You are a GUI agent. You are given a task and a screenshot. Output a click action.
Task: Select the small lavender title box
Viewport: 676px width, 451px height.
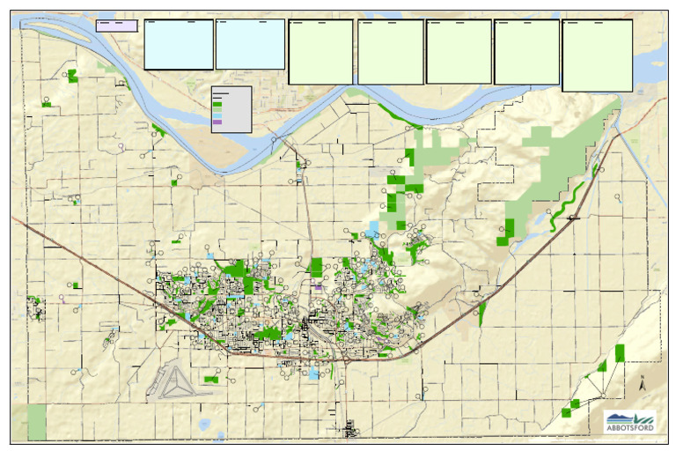[116, 26]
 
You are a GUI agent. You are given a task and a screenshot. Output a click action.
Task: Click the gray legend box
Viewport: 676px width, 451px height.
[231, 109]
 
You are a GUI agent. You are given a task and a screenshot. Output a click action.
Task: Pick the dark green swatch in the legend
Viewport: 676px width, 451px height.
[217, 104]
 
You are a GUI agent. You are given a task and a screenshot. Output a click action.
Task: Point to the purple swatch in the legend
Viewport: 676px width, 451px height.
[217, 122]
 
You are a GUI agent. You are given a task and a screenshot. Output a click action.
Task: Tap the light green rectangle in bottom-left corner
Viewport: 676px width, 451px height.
[37, 423]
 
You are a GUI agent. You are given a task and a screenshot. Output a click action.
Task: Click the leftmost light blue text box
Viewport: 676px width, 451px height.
[179, 44]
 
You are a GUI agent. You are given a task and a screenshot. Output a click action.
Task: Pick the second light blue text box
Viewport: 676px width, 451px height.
[250, 44]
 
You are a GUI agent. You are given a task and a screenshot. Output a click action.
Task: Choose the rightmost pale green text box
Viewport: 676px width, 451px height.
[597, 55]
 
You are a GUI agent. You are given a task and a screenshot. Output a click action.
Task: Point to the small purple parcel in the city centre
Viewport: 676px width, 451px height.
[318, 286]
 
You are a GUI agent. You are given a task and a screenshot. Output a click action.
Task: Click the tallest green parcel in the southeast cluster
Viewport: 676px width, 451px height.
[620, 353]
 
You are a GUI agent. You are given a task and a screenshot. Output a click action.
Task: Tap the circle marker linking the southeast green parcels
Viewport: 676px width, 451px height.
[587, 378]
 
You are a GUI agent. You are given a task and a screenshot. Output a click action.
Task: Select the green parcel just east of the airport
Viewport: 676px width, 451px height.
[211, 380]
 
